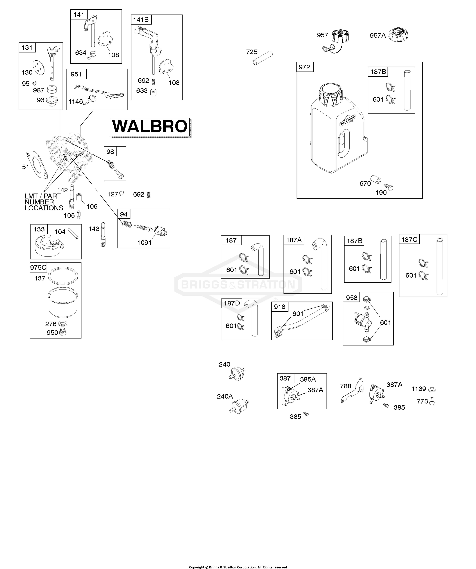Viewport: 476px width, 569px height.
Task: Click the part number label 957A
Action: [x=377, y=36]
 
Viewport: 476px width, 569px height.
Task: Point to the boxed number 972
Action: [x=305, y=67]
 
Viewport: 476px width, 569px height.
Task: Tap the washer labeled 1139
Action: [x=432, y=389]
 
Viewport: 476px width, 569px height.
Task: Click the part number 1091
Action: [x=145, y=243]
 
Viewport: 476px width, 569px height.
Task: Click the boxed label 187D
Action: [x=232, y=303]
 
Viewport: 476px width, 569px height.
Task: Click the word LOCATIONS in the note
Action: [x=44, y=208]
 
